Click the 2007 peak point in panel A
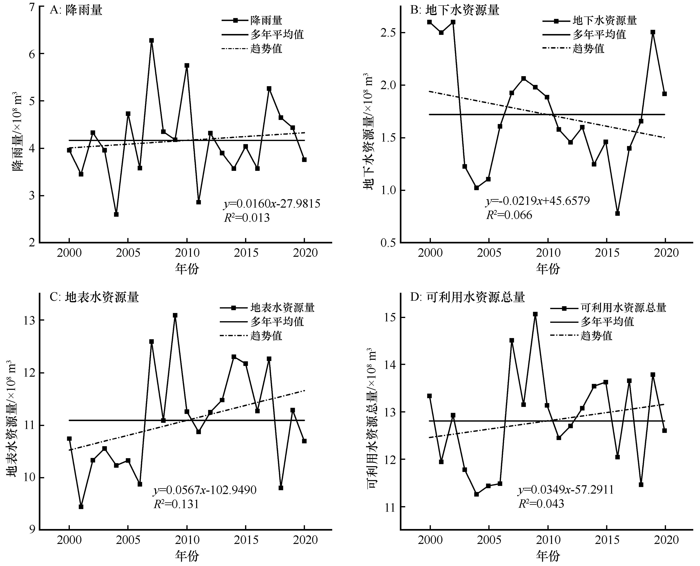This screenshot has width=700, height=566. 152,40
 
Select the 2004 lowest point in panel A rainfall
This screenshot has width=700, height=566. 116,214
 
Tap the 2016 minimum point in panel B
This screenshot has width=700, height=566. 617,213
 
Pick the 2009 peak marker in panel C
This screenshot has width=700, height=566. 175,315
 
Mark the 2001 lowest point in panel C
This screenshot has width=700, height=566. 81,507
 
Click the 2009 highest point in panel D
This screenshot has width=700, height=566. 535,314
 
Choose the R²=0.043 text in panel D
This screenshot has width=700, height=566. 541,504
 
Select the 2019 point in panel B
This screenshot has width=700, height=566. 653,32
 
